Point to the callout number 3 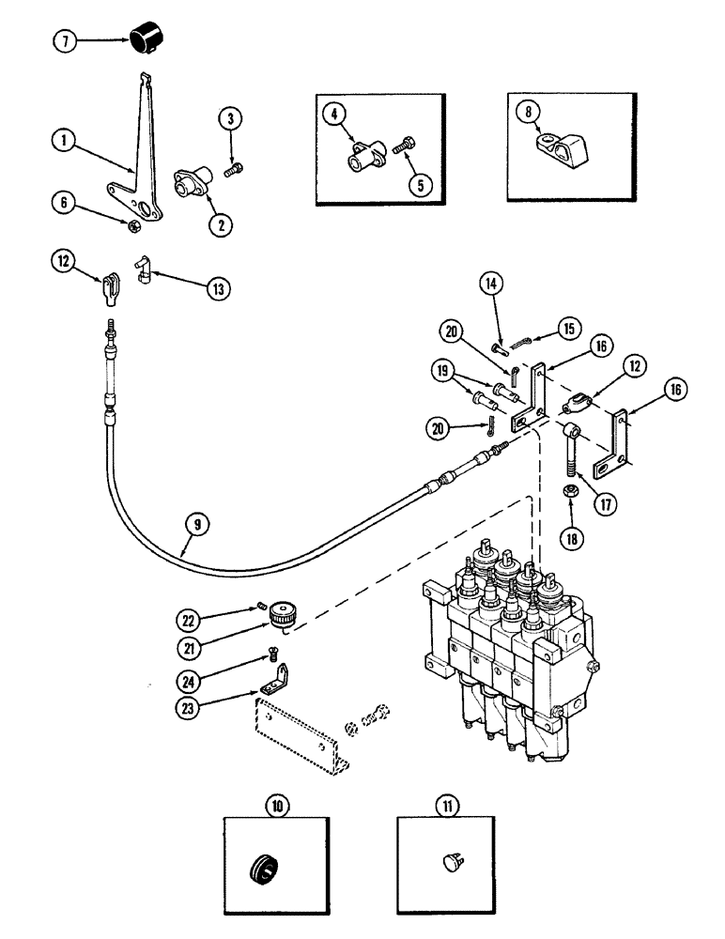(228, 119)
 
